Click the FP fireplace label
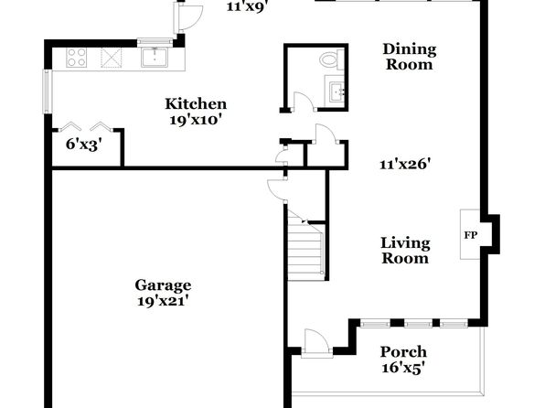(471, 235)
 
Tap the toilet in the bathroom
(331, 59)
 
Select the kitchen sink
(155, 58)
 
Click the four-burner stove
(77, 58)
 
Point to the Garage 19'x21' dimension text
(163, 301)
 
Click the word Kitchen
(196, 103)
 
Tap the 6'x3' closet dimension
(83, 144)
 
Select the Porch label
(403, 351)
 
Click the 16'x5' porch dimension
(403, 368)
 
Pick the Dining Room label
(410, 57)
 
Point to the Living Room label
(405, 251)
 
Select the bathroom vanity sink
(336, 91)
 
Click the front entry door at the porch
(316, 343)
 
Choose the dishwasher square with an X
(112, 58)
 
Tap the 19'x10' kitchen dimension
(196, 120)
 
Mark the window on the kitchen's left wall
(48, 91)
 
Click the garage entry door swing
(277, 189)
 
